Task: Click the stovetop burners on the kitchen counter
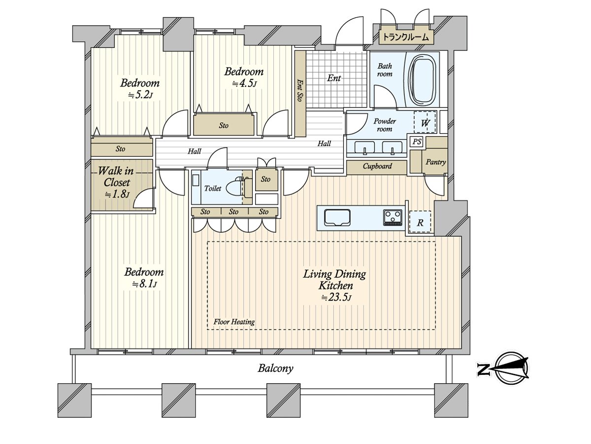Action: point(393,217)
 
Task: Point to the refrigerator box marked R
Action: point(420,222)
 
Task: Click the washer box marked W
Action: point(424,122)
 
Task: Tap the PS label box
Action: point(417,142)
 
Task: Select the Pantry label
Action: point(436,162)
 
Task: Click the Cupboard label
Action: point(377,166)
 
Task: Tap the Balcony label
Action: point(275,368)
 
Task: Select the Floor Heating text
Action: point(234,322)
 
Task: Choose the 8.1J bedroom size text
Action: point(144,284)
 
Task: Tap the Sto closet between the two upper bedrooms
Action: point(224,125)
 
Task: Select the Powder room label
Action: point(385,125)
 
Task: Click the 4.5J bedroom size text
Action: point(244,83)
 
